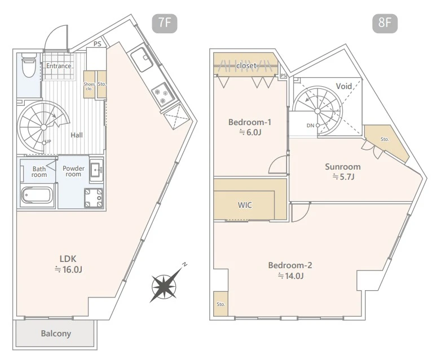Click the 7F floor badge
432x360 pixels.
[165, 24]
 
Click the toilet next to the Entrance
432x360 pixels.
[29, 65]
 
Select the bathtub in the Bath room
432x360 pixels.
[37, 195]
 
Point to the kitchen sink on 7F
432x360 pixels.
[142, 60]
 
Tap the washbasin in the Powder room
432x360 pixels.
[96, 170]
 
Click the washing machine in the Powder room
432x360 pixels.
[94, 198]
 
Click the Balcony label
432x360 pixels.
[56, 334]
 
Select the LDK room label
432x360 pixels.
[68, 259]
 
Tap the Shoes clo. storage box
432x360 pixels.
[89, 85]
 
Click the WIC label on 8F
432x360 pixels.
[245, 205]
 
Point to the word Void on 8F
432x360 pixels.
[344, 86]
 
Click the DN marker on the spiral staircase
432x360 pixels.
[310, 126]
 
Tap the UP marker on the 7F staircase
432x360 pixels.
[48, 142]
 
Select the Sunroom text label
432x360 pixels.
[343, 167]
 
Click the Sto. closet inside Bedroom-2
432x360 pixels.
[221, 304]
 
